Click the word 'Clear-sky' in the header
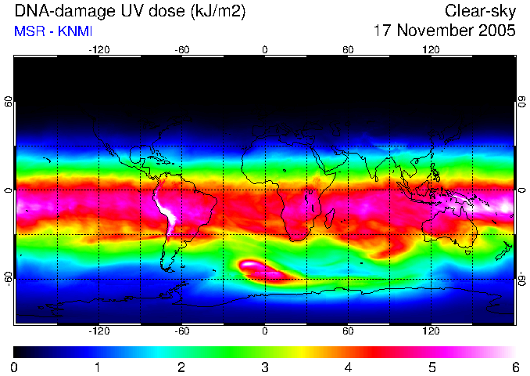pos(480,11)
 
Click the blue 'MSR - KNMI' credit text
pos(53,31)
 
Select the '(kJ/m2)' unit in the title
pos(217,12)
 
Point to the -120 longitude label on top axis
pos(99,50)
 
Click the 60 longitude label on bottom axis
pos(348,331)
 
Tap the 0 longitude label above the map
pos(265,50)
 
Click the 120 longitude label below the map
pos(431,331)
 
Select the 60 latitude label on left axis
pos(8,101)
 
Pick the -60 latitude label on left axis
pos(8,279)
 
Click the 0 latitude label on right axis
pos(522,190)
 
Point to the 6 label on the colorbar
pos(515,367)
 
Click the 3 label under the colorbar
pos(265,367)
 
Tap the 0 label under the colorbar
pos(14,367)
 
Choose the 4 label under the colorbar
pos(348,367)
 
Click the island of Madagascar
pos(330,218)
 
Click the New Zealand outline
pos(504,251)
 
